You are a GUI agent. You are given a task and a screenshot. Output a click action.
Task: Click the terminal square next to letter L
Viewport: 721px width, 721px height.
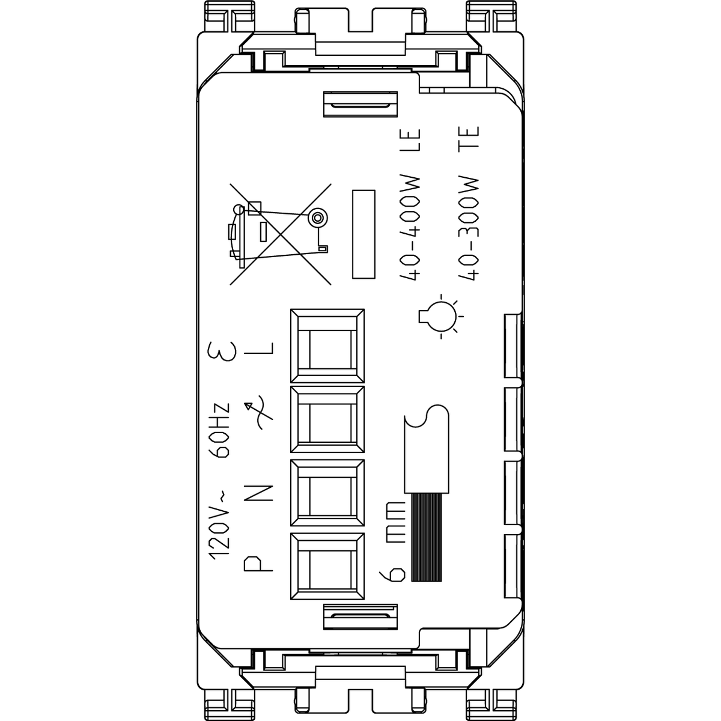point(327,345)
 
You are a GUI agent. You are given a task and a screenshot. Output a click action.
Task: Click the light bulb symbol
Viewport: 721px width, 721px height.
point(441,317)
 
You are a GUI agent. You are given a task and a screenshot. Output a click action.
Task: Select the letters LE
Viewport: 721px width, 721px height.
point(410,141)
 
